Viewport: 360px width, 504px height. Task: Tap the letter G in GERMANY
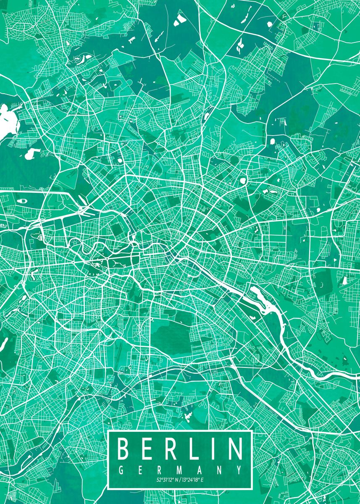(121, 469)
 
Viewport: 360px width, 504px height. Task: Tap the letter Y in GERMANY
(239, 469)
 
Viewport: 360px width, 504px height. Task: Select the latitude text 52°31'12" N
(167, 480)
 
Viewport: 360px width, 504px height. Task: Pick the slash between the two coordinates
(179, 480)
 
